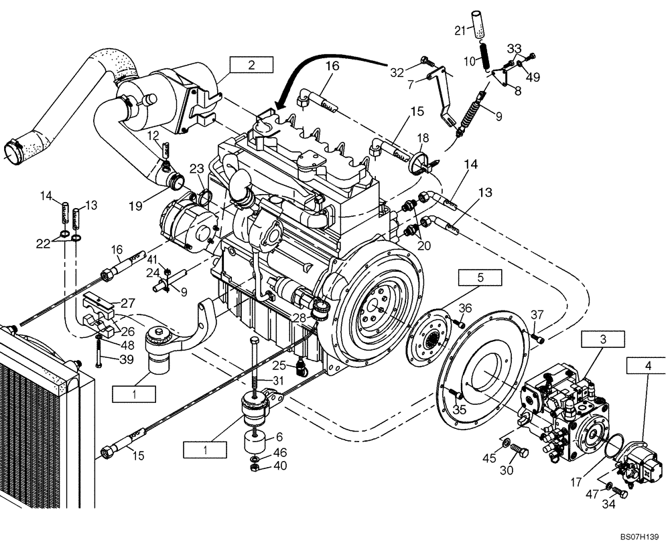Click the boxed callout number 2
point(251,65)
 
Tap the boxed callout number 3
point(602,340)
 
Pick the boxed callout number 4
point(647,366)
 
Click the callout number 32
point(397,72)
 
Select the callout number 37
point(537,315)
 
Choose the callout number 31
point(279,380)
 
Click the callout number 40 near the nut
point(280,466)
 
